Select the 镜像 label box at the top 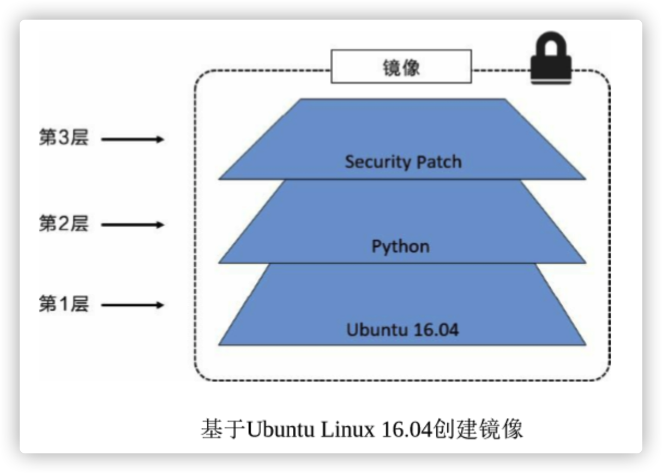pos(401,66)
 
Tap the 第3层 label pos(63,138)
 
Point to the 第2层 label pos(63,224)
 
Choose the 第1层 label pos(63,304)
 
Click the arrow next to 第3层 pos(133,140)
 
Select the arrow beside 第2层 pos(133,225)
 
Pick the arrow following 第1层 pos(133,305)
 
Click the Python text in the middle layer pos(400,247)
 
